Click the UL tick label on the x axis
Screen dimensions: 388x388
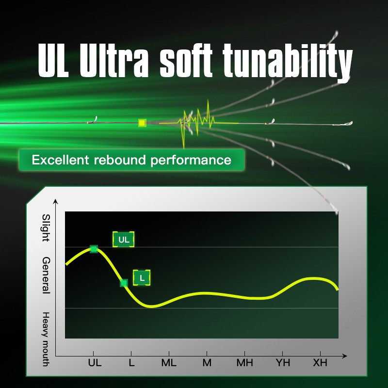coord(95,363)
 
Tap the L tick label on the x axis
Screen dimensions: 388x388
coord(131,363)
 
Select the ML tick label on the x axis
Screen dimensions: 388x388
coord(169,363)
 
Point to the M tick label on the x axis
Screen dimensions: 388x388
coord(207,363)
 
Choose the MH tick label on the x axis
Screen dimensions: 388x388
coord(245,363)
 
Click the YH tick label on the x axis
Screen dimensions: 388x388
coord(283,363)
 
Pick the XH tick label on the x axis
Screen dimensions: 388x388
coord(320,363)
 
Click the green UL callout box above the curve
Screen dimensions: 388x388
coord(124,239)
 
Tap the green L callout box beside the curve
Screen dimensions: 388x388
coord(142,277)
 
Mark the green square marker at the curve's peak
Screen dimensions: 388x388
coord(94,249)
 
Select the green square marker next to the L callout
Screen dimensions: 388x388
coord(124,283)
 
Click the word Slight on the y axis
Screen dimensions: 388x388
coord(46,227)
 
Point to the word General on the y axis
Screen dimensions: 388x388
coord(46,275)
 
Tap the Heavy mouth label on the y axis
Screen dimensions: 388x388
coord(46,339)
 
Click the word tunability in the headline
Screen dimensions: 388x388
coord(287,62)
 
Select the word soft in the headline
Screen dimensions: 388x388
coord(186,61)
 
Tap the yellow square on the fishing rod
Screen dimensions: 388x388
coord(142,123)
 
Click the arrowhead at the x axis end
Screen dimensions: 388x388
coord(344,356)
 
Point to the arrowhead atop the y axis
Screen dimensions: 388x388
coord(56,201)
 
